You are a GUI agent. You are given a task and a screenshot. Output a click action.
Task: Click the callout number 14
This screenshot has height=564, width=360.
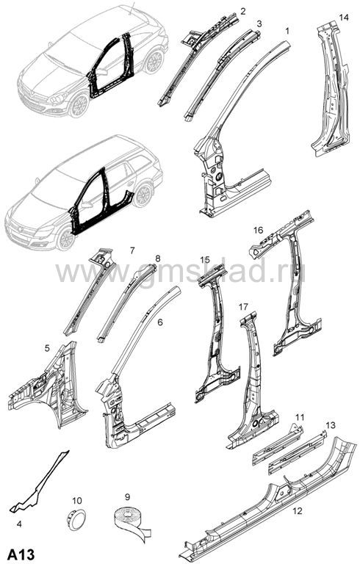pyautogui.click(x=344, y=18)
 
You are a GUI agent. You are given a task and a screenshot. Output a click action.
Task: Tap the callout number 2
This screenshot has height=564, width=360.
pyautogui.click(x=243, y=11)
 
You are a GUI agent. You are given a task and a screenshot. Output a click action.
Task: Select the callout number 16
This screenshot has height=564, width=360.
pyautogui.click(x=258, y=229)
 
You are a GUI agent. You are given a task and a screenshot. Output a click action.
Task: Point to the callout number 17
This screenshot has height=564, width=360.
pyautogui.click(x=243, y=307)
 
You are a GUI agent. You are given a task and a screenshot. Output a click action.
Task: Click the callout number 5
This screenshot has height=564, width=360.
pyautogui.click(x=47, y=348)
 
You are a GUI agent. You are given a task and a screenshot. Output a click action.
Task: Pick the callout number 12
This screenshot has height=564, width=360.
pyautogui.click(x=298, y=510)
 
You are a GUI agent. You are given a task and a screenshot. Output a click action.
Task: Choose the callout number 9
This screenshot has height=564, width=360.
pyautogui.click(x=127, y=497)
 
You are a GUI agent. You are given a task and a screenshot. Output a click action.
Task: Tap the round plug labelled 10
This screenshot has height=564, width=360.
pyautogui.click(x=77, y=519)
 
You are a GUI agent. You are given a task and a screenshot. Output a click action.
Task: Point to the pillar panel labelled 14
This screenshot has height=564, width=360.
pyautogui.click(x=331, y=90)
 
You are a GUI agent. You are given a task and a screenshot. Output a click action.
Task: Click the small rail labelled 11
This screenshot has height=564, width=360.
pyautogui.click(x=277, y=444)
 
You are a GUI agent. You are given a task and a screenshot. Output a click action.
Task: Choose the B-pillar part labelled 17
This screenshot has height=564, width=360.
pyautogui.click(x=252, y=381)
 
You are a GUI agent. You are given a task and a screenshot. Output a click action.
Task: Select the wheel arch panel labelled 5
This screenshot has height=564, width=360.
pyautogui.click(x=47, y=387)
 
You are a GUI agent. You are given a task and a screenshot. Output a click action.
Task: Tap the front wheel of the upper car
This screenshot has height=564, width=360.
pyautogui.click(x=79, y=105)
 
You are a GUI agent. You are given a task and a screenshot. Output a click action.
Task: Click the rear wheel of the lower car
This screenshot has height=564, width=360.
pyautogui.click(x=143, y=195)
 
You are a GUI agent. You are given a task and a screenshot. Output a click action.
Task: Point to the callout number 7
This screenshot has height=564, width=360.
pyautogui.click(x=132, y=250)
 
